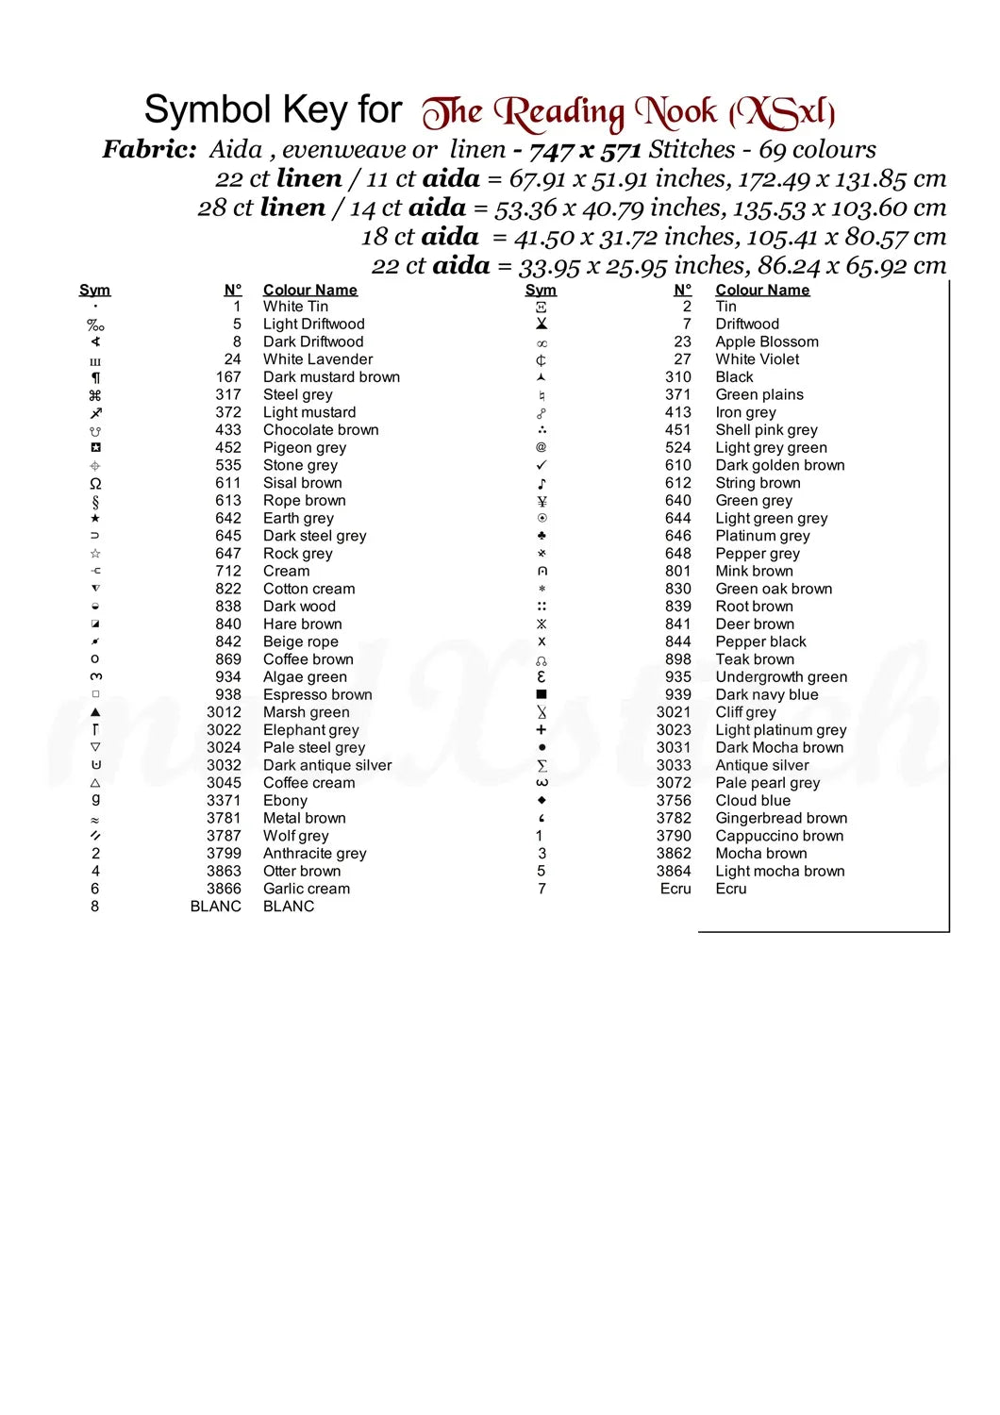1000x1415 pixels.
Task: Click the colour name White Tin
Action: coord(295,307)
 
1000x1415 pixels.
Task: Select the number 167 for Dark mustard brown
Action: coord(228,377)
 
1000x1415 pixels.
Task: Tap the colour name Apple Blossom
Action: coord(766,341)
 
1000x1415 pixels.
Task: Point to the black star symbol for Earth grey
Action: coord(95,518)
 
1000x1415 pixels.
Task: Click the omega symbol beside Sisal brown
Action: coord(95,483)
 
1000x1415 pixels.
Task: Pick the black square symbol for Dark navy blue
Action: coord(542,694)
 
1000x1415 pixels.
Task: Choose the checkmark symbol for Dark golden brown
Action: coord(542,465)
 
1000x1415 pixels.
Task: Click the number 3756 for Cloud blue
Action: coord(674,800)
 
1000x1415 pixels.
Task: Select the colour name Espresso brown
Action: coord(317,694)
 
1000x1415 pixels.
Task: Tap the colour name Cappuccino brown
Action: coord(779,836)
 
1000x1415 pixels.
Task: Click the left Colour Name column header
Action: coord(309,290)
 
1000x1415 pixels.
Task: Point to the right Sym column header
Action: coord(541,290)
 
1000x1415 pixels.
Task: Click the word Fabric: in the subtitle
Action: coord(149,149)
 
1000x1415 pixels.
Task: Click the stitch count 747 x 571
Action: coord(585,150)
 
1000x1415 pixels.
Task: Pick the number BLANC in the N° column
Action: coord(215,907)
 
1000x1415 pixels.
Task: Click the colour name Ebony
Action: coord(285,800)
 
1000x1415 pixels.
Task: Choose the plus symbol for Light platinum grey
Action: coord(542,730)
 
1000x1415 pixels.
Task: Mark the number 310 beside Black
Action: coord(677,377)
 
